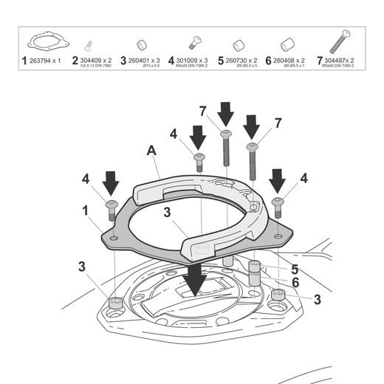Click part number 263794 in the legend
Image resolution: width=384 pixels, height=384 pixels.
pyautogui.click(x=44, y=59)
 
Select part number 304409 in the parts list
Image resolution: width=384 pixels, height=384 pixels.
pyautogui.click(x=95, y=59)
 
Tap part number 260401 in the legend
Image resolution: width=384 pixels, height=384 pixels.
pyautogui.click(x=143, y=59)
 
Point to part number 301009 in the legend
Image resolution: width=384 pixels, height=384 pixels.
pyautogui.click(x=191, y=59)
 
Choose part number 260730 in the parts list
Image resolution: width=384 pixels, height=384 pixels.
pyautogui.click(x=241, y=59)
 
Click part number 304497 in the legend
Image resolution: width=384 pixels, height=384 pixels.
pyautogui.click(x=340, y=59)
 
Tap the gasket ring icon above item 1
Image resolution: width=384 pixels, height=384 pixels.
pyautogui.click(x=43, y=41)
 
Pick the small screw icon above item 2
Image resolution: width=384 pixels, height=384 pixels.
pyautogui.click(x=89, y=44)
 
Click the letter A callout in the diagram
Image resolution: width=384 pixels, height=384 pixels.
pyautogui.click(x=151, y=151)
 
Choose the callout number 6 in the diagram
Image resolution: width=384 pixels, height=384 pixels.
pyautogui.click(x=295, y=282)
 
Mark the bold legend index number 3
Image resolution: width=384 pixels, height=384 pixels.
pyautogui.click(x=123, y=59)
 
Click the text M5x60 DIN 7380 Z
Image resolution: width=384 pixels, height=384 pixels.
pyautogui.click(x=338, y=65)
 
